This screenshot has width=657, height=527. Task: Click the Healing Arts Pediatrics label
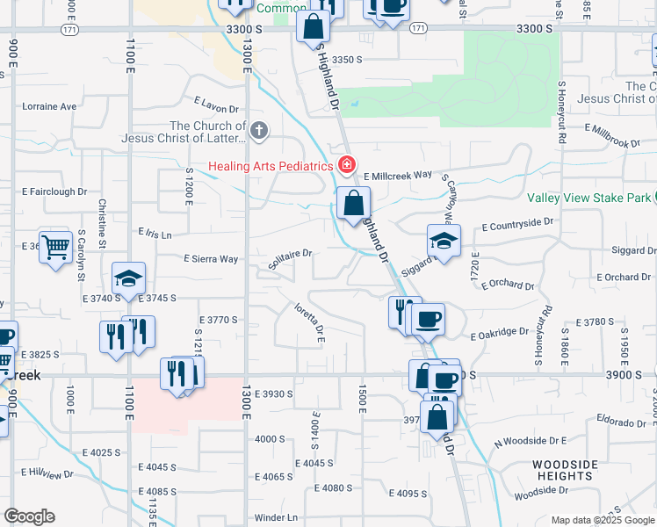271,166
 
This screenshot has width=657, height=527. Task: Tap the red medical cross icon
347,165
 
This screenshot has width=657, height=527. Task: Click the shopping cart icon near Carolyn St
55,248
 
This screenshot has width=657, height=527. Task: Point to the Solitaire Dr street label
290,254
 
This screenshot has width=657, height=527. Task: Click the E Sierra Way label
210,259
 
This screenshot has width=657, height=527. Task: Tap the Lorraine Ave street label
49,106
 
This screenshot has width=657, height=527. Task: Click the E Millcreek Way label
397,175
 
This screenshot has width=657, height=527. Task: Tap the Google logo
28,516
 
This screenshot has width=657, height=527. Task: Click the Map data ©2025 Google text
602,520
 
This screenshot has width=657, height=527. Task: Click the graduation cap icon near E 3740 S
128,280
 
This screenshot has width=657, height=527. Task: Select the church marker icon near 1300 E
258,132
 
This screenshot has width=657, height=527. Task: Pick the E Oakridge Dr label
499,334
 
